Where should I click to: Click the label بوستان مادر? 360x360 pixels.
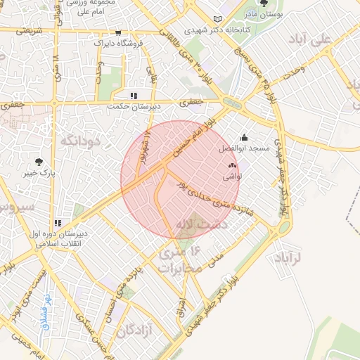click(x=263, y=14)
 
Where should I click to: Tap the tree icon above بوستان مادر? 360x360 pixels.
click(x=264, y=4)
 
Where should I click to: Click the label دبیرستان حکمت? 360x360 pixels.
click(x=134, y=107)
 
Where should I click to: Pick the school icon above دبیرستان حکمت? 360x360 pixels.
click(x=133, y=96)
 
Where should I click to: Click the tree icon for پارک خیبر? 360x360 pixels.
click(x=48, y=161)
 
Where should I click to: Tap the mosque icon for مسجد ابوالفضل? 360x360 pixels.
click(x=244, y=138)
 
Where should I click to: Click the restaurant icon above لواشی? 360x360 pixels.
click(x=232, y=166)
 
